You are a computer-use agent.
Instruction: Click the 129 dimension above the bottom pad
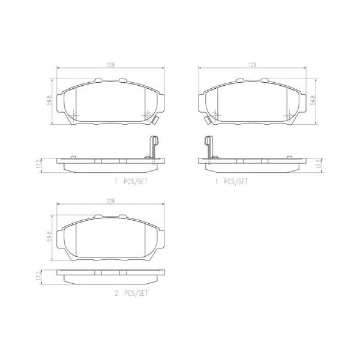[110, 201]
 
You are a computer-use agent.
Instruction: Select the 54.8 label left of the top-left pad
[47, 98]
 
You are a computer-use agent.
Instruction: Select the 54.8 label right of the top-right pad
[313, 98]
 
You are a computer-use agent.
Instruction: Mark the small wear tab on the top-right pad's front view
[206, 120]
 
